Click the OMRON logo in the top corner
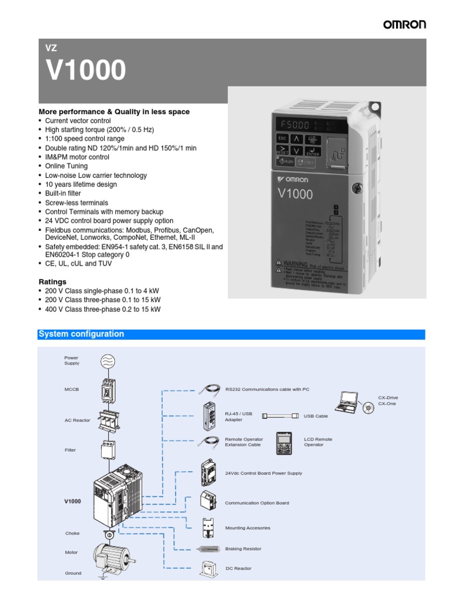[x=404, y=24]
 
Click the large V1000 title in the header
[x=86, y=71]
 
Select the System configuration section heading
[x=81, y=334]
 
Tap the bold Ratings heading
[x=52, y=281]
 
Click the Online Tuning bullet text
[x=67, y=166]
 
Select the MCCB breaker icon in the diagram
[x=107, y=390]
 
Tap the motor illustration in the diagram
[x=112, y=555]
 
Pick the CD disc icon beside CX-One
[x=368, y=407]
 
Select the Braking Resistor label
[x=243, y=549]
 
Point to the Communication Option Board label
[x=257, y=503]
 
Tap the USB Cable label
[x=316, y=416]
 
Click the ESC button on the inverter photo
[x=281, y=138]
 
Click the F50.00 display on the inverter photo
[x=294, y=125]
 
